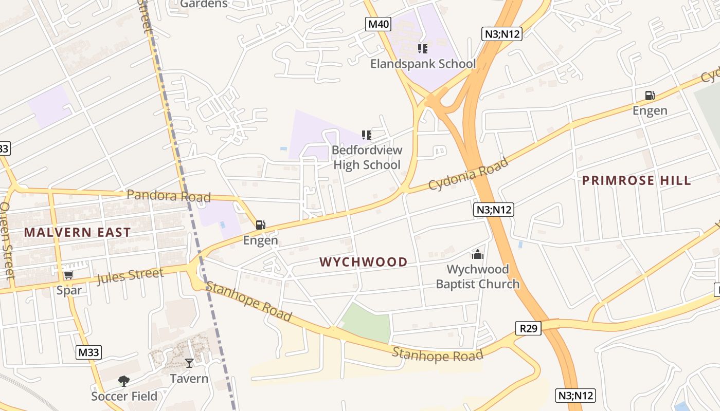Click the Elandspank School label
(423, 64)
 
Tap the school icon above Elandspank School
(423, 49)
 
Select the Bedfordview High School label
(367, 157)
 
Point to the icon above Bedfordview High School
(367, 135)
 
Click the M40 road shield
(379, 24)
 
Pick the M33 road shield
(89, 352)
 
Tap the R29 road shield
(529, 328)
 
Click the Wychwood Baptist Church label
(478, 276)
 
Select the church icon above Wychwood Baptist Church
(478, 254)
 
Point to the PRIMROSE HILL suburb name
(636, 180)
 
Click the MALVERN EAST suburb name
(78, 232)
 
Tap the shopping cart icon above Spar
(69, 275)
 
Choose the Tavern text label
(189, 379)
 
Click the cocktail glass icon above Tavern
(189, 363)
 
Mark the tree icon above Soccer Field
(124, 381)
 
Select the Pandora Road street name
(169, 196)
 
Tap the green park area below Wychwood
(367, 323)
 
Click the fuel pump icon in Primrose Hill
(650, 96)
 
